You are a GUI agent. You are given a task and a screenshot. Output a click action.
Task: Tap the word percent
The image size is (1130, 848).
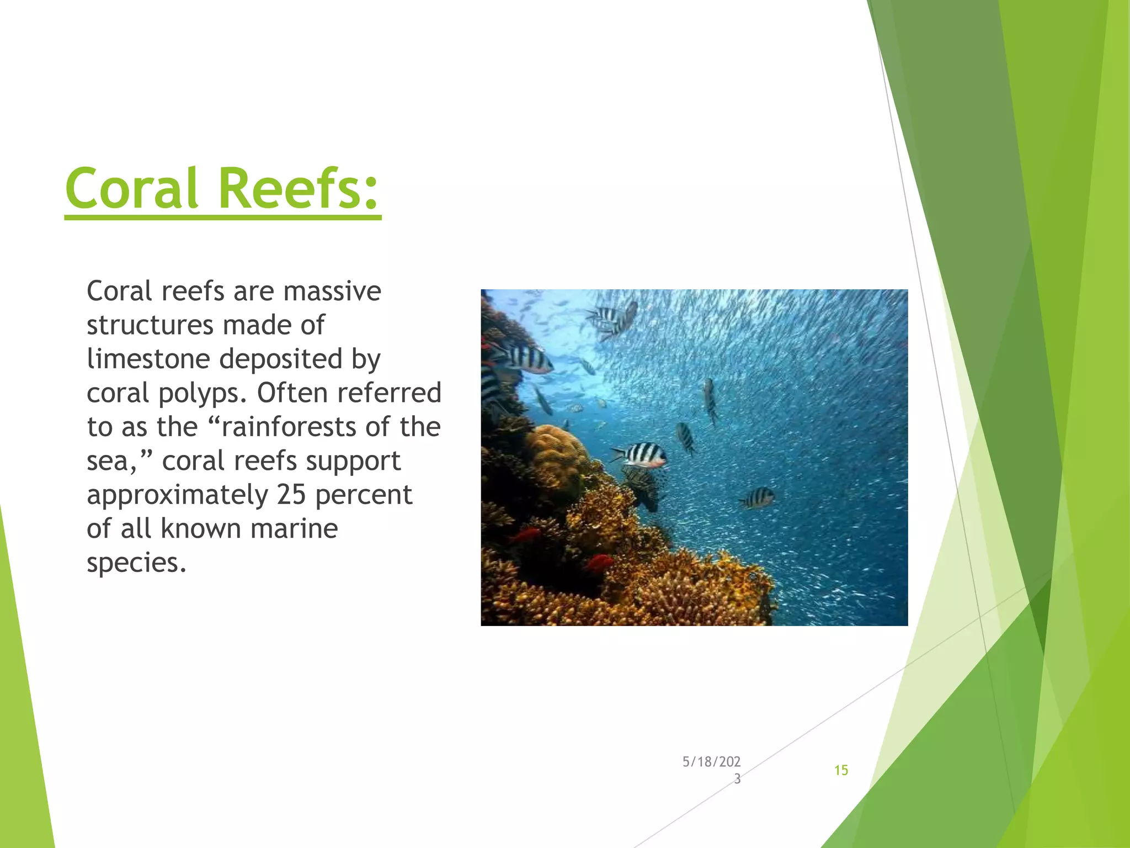click(364, 495)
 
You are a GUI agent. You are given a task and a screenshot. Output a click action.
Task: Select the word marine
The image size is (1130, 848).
click(294, 528)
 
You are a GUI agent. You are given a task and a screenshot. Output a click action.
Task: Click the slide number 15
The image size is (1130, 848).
click(841, 770)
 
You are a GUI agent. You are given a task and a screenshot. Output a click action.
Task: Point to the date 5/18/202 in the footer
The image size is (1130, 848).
click(711, 762)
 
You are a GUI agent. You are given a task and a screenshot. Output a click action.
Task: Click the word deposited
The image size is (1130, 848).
click(281, 359)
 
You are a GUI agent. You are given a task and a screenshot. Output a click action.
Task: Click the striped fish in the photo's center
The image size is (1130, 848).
click(640, 455)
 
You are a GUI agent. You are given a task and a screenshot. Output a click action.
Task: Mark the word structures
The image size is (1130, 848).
click(150, 325)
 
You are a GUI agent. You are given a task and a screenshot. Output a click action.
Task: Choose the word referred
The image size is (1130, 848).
click(389, 393)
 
